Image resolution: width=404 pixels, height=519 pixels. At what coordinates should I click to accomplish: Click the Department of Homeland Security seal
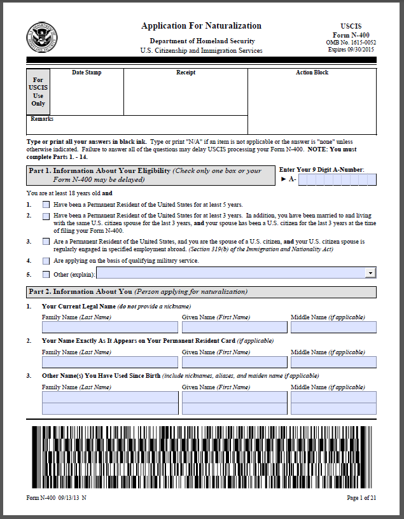coord(41,37)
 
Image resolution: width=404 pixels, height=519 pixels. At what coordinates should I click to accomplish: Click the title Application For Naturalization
coord(201,26)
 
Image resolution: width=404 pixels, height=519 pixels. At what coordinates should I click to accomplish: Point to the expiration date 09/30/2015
coord(351,49)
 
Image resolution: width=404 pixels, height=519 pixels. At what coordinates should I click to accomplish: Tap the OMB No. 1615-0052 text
coord(351,42)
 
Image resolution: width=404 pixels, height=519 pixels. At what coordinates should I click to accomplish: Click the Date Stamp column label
coord(87,73)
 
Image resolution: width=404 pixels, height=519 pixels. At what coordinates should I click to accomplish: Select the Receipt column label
coord(186,73)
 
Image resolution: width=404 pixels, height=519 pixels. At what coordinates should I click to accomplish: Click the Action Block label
coord(312,73)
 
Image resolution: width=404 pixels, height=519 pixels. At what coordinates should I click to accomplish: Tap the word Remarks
coord(42,119)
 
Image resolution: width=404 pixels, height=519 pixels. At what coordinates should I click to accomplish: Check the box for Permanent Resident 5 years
coord(46,205)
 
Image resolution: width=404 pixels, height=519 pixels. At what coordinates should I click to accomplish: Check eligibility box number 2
coord(46,216)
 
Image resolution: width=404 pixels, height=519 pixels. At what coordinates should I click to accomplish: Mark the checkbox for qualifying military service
coord(46,261)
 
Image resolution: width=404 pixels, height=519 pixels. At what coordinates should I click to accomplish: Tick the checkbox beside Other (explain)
coord(46,274)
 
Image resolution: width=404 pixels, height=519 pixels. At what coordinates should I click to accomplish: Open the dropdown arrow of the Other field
coord(370,273)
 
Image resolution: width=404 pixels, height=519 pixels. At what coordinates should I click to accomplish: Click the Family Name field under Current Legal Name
coord(110,328)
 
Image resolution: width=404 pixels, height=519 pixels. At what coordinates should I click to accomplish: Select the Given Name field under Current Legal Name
coord(234,328)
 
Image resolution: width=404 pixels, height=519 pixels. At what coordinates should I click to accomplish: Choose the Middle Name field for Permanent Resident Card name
coord(333,362)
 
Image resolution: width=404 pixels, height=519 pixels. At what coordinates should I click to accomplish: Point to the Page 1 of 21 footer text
coord(361,498)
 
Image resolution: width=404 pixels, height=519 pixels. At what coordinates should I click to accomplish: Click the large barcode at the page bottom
coord(201,457)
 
